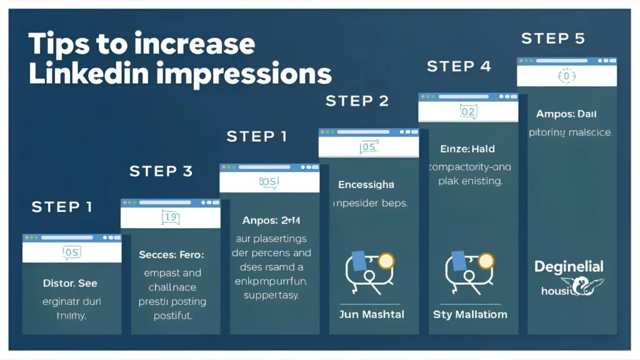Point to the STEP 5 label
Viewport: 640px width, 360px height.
[552, 39]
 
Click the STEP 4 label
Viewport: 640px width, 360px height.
[459, 66]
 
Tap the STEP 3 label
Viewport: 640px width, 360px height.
[161, 171]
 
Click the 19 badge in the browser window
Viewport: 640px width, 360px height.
[170, 217]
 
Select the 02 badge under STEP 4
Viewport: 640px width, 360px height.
[467, 112]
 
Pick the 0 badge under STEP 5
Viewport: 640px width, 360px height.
[566, 76]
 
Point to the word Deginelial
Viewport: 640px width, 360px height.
[569, 267]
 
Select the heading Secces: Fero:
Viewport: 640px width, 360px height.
[171, 255]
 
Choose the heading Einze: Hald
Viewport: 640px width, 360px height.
[467, 149]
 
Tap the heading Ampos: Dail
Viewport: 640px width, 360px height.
[566, 114]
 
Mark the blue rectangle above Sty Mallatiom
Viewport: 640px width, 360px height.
[457, 260]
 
